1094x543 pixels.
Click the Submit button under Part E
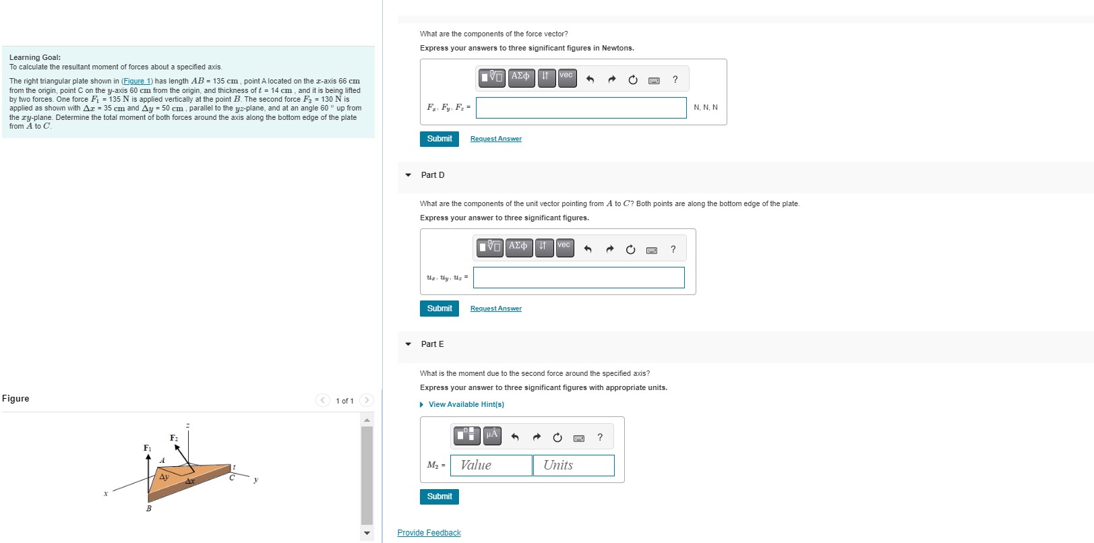coord(439,497)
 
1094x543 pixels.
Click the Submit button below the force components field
coord(439,139)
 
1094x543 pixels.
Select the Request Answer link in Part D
coord(495,309)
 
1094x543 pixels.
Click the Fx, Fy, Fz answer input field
coord(581,108)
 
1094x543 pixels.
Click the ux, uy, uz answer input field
coord(578,278)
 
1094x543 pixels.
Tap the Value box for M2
coord(491,466)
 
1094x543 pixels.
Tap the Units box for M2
coord(574,466)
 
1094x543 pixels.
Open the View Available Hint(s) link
coord(466,404)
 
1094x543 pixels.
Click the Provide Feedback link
coord(429,533)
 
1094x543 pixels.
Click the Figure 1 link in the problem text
coord(137,81)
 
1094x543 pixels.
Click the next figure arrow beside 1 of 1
coord(367,400)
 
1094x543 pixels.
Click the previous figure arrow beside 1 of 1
coord(323,400)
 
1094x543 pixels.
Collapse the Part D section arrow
coord(408,174)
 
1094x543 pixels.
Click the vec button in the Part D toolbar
coord(564,247)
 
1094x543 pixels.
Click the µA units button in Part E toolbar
coord(492,436)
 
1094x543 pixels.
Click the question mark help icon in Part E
coord(600,437)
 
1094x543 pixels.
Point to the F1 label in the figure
coord(147,448)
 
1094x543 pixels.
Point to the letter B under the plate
coord(149,509)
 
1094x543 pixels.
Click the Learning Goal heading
coord(35,57)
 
